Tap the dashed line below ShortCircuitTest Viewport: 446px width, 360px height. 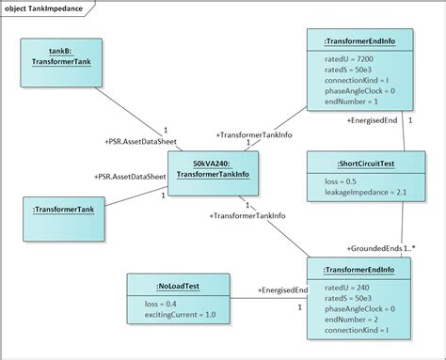click(x=404, y=226)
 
